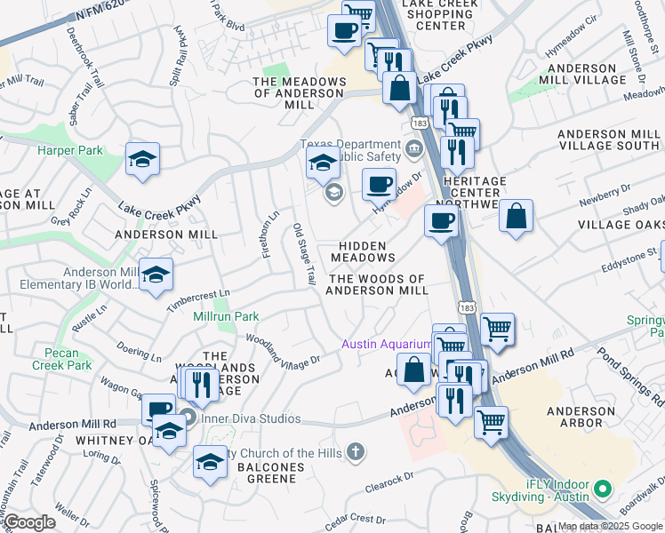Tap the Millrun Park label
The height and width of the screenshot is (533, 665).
226,316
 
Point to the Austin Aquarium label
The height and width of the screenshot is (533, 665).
388,344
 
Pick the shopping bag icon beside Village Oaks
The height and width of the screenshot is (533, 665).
516,215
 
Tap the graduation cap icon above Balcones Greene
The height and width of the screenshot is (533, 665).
210,463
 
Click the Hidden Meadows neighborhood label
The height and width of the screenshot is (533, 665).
363,251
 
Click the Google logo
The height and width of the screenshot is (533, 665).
30,522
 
